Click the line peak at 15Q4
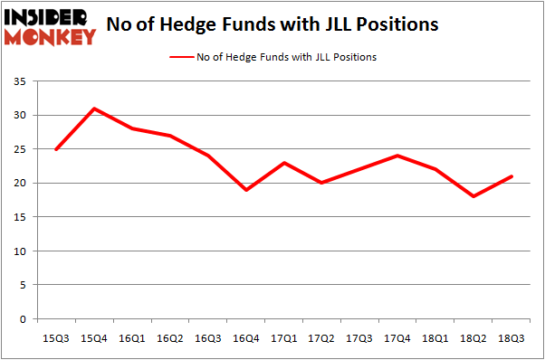pyautogui.click(x=94, y=109)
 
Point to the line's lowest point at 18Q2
pyautogui.click(x=473, y=196)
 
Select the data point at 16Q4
pyautogui.click(x=246, y=190)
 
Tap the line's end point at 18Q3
pyautogui.click(x=512, y=176)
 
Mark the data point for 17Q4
pyautogui.click(x=397, y=156)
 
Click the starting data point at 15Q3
pyautogui.click(x=56, y=149)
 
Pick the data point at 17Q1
pyautogui.click(x=284, y=163)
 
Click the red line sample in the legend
pyautogui.click(x=182, y=57)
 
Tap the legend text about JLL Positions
pyautogui.click(x=289, y=57)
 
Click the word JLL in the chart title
pyautogui.click(x=348, y=24)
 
